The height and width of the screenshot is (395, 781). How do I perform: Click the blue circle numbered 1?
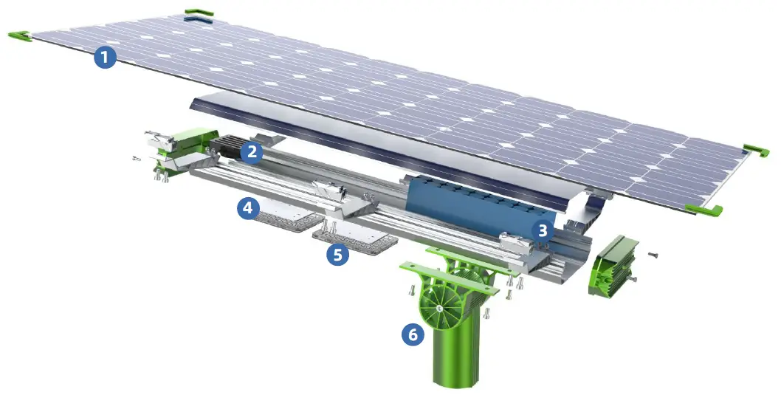[105, 57]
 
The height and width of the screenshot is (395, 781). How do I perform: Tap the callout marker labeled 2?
[252, 152]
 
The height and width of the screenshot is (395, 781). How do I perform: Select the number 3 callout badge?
[543, 229]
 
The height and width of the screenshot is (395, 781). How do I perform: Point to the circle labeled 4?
[248, 210]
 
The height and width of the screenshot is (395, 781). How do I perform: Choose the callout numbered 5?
[337, 255]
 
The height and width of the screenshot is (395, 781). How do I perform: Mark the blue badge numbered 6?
[413, 334]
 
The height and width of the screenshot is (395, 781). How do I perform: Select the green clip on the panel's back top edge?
[199, 13]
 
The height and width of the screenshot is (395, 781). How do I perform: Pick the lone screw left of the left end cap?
[135, 158]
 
